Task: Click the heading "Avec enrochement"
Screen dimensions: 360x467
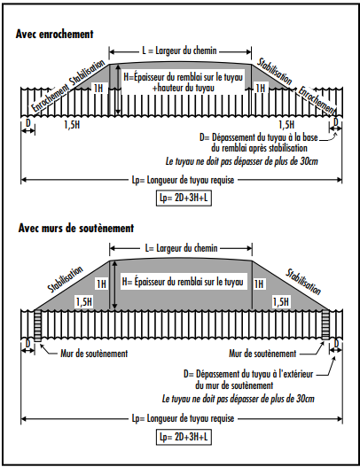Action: click(55, 34)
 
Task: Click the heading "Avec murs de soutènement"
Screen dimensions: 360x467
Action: click(76, 228)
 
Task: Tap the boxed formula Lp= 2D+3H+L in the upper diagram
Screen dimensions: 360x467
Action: click(184, 198)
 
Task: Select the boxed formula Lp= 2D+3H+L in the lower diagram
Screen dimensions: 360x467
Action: click(184, 437)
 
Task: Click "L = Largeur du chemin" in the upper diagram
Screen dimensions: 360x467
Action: click(179, 51)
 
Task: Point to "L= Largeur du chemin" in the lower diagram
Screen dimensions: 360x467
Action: click(181, 248)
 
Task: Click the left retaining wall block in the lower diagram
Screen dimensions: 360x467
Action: click(38, 326)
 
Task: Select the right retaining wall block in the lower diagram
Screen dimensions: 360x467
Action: click(325, 325)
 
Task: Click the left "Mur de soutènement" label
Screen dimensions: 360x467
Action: click(94, 354)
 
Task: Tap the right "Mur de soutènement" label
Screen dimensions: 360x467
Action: click(262, 354)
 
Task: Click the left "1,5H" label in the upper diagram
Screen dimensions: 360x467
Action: click(72, 124)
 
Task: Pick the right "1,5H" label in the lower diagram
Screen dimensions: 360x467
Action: click(281, 302)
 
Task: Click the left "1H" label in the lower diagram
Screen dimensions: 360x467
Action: click(102, 284)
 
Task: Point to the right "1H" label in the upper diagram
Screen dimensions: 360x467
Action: click(261, 88)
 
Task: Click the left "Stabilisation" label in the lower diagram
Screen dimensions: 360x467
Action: click(65, 279)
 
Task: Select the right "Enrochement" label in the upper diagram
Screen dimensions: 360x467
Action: click(317, 100)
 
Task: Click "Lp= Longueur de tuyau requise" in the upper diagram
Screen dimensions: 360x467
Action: click(183, 180)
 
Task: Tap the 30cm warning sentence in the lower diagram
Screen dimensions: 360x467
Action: click(239, 399)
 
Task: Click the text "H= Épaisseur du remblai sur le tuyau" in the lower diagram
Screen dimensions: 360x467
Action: click(183, 282)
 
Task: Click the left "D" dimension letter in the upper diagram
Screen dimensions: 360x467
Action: click(28, 122)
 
